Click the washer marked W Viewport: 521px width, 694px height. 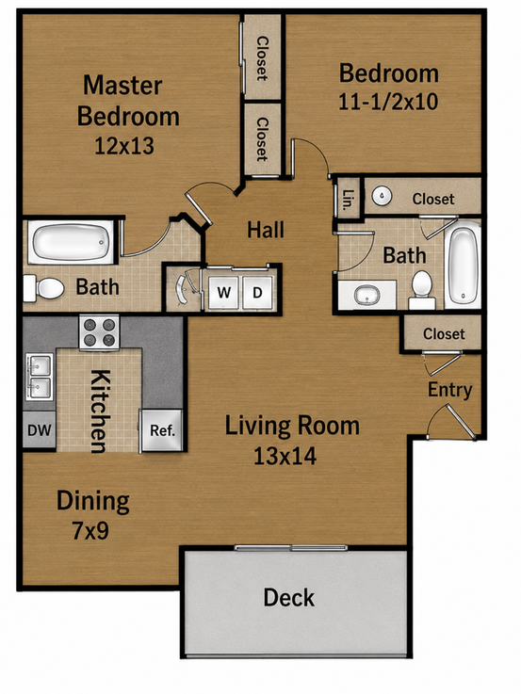pos(223,293)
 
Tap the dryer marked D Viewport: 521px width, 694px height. pos(257,293)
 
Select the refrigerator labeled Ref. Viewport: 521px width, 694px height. pos(161,430)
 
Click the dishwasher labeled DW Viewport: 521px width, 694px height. pos(39,429)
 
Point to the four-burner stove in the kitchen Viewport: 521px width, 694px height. pos(99,332)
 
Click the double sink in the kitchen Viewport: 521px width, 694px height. pos(39,377)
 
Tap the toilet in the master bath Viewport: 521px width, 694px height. pos(43,288)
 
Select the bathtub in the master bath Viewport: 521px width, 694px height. pos(71,242)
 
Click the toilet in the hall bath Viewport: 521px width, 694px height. pos(422,290)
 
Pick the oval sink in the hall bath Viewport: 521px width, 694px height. pos(366,295)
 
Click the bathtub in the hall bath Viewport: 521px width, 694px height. pos(463,265)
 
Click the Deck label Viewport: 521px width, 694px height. pos(289,598)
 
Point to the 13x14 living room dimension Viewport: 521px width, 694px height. pos(285,456)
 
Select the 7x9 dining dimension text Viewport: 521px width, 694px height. pos(90,530)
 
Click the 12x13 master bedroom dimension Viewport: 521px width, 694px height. pos(124,145)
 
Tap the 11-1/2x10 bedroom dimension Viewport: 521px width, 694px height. pos(388,102)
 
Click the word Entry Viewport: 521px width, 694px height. pos(449,390)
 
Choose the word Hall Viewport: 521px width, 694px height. pos(266,230)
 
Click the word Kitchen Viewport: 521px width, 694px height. pos(100,412)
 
